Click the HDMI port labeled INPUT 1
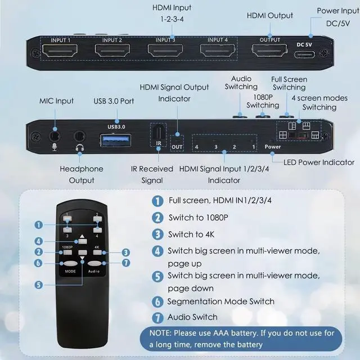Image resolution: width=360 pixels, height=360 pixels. pos(61,52)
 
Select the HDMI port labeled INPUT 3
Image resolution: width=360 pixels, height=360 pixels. pos(165,52)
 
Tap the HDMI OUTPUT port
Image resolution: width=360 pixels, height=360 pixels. pos(269,52)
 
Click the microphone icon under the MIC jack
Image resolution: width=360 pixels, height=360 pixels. pos(55,147)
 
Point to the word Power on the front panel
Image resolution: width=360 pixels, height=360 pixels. pos(273,147)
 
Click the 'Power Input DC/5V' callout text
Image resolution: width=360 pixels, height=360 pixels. pos(336,17)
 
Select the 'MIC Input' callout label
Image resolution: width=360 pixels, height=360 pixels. pos(56,101)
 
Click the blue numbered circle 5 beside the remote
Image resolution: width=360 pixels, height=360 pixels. pos(38,285)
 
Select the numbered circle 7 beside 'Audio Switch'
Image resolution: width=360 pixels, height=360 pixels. pos(157,317)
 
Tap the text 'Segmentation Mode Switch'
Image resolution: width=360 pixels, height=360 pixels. pos(221,301)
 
